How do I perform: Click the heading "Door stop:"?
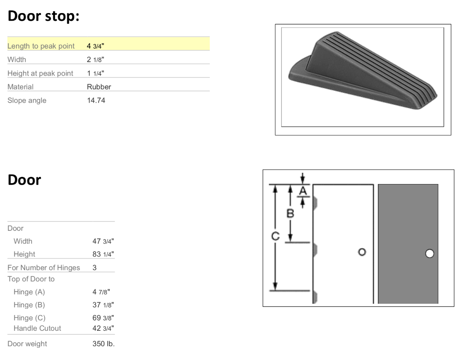[x=44, y=16]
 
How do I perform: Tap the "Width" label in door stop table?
[x=17, y=59]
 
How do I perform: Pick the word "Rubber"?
[x=99, y=87]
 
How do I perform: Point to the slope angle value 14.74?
[x=96, y=100]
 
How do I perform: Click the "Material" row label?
[x=20, y=87]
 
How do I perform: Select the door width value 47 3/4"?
[x=103, y=241]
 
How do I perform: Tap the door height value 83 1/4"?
[x=103, y=254]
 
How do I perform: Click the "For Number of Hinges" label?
[x=44, y=268]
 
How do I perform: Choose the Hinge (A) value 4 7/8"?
[x=103, y=292]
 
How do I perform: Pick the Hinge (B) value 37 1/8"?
[x=103, y=305]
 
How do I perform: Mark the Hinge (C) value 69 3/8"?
[x=103, y=318]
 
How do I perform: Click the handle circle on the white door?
[x=361, y=252]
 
